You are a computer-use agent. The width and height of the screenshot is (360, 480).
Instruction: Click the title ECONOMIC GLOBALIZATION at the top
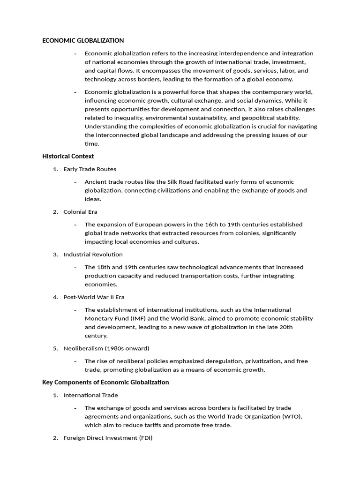click(x=83, y=41)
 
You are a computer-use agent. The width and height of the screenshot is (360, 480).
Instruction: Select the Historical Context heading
click(x=68, y=156)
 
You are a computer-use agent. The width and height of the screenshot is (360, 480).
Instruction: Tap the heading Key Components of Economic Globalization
click(x=105, y=382)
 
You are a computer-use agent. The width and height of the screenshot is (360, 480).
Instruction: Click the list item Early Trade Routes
click(x=90, y=169)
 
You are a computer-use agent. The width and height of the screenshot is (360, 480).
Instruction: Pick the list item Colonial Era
click(x=80, y=212)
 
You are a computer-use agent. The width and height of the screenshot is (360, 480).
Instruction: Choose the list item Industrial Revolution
click(x=93, y=255)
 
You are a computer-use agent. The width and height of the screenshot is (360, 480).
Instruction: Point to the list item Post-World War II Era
click(x=94, y=297)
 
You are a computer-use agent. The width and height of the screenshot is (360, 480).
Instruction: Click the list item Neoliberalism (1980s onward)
click(x=106, y=348)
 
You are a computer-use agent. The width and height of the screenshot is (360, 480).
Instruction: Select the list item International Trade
click(x=90, y=395)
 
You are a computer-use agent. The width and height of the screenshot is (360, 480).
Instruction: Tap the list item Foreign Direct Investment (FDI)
click(x=108, y=438)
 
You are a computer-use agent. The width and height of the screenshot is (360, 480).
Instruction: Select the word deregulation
click(x=224, y=361)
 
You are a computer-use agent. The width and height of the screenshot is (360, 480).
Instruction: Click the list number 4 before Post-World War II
click(x=55, y=297)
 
